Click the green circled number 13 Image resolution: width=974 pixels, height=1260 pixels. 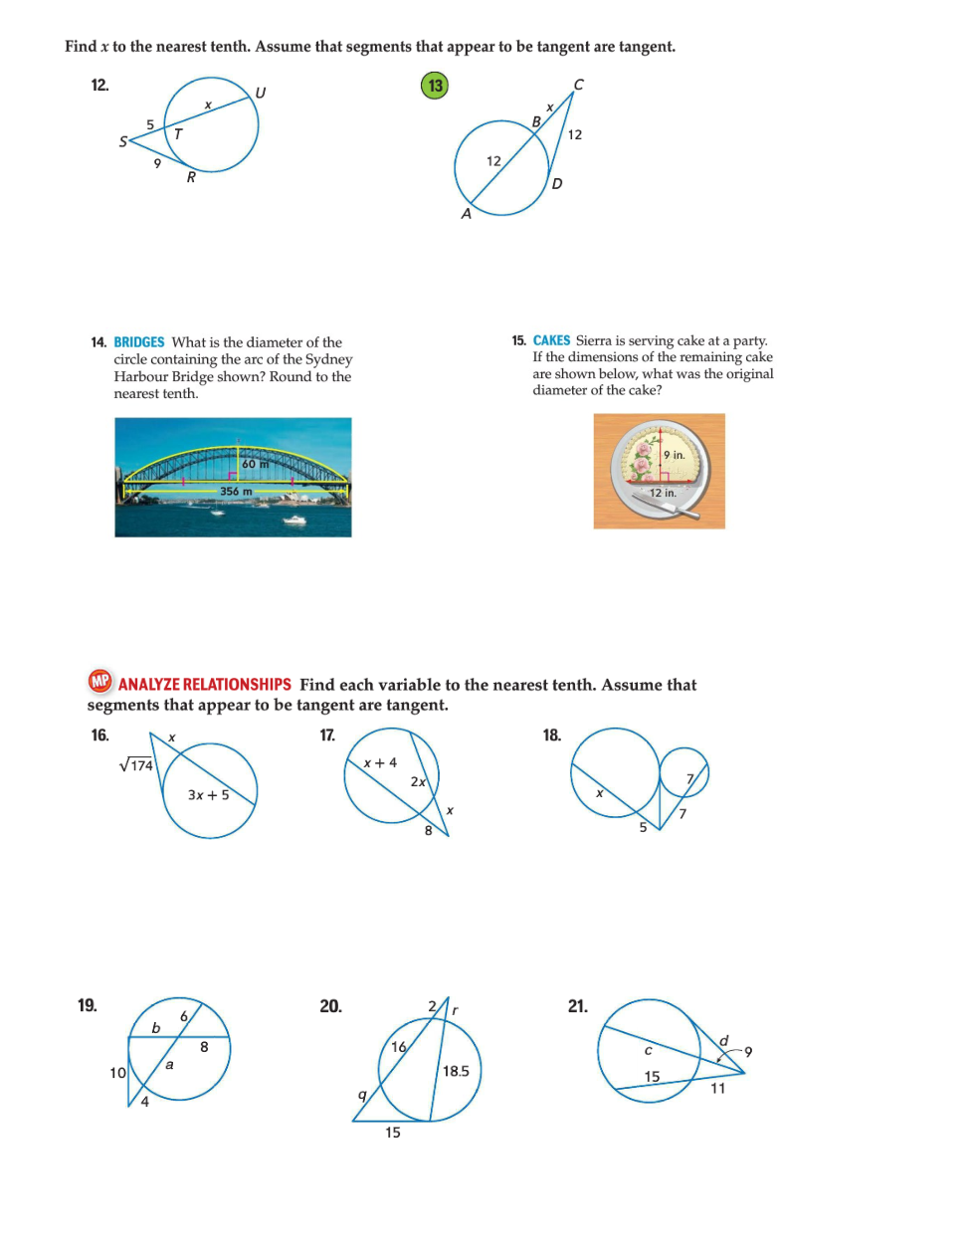(435, 86)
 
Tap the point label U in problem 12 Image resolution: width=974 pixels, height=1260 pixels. (261, 93)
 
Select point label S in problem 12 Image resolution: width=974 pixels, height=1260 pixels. (123, 142)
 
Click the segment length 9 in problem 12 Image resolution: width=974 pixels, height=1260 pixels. (157, 163)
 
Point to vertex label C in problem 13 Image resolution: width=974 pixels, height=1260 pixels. (579, 85)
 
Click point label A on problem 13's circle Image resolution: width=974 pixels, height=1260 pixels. (466, 214)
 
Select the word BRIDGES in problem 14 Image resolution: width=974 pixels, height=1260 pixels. (139, 342)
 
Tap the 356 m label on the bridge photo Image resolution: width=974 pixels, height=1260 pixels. (236, 492)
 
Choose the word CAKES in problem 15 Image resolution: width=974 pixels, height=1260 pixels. (551, 340)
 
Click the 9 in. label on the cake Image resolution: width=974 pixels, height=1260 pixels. (675, 455)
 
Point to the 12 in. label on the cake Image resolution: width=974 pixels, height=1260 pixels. (663, 493)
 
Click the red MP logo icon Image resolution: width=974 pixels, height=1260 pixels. (99, 682)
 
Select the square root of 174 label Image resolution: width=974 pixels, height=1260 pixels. (136, 765)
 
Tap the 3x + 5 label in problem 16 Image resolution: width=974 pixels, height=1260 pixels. (208, 795)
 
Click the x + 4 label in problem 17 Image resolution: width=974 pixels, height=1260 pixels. (379, 763)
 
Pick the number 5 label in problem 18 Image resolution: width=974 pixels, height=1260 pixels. (643, 827)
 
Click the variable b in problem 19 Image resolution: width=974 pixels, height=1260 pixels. (155, 1028)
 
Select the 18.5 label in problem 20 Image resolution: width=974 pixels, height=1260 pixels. (456, 1071)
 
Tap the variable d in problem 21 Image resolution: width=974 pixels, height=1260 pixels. (723, 1041)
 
